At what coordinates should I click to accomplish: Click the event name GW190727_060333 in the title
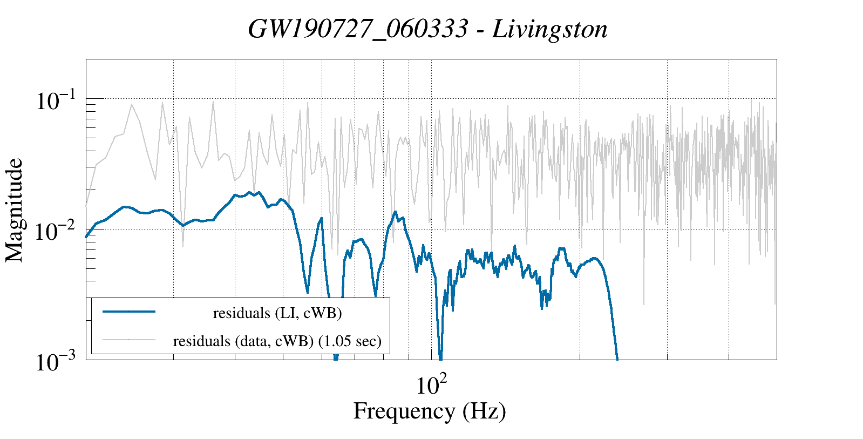click(x=357, y=29)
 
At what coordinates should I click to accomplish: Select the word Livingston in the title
click(x=549, y=29)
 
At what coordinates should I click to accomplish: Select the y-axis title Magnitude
click(x=15, y=211)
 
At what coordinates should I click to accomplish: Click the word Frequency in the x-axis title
click(x=404, y=411)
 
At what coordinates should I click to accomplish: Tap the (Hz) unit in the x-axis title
click(x=484, y=411)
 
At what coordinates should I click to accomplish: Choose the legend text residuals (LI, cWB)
click(x=277, y=313)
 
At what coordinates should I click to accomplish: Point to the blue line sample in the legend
click(x=129, y=312)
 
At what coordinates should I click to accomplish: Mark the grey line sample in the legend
click(x=129, y=340)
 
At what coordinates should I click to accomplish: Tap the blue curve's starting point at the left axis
click(x=86, y=237)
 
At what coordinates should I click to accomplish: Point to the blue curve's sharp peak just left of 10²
click(x=395, y=212)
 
